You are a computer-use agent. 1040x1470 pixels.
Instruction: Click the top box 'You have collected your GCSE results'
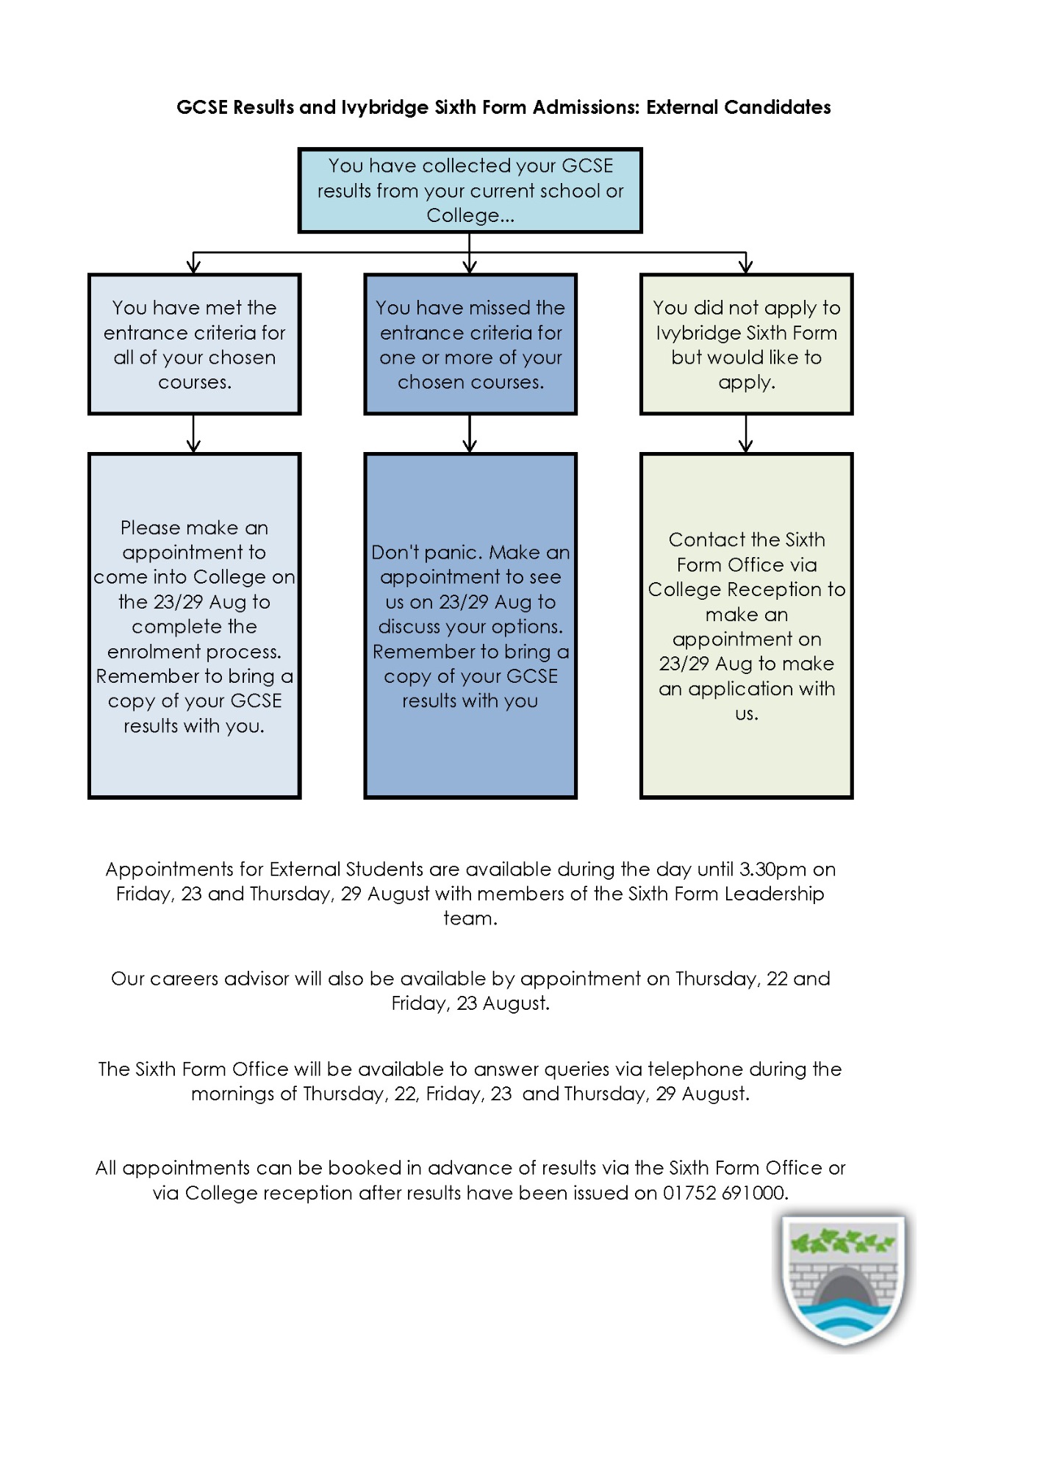(x=470, y=190)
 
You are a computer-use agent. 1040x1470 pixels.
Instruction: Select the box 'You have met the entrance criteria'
(x=194, y=344)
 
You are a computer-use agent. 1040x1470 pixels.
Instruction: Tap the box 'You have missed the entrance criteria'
(x=470, y=344)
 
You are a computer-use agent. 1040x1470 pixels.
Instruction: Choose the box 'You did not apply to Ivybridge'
(x=746, y=344)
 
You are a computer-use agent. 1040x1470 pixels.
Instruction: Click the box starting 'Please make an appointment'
(x=194, y=625)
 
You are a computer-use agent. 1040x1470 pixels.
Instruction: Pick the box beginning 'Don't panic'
(x=470, y=625)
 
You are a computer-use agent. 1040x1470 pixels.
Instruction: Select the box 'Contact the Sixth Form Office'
(x=746, y=625)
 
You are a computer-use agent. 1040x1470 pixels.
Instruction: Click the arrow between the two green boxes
(x=746, y=434)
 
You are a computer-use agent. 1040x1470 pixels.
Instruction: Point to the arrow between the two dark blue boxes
(x=470, y=434)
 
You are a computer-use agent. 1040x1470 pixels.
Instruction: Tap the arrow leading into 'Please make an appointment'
(x=194, y=434)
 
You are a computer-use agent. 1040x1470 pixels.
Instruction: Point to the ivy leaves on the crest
(x=843, y=1241)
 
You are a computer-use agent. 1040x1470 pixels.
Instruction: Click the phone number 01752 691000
(x=725, y=1193)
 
